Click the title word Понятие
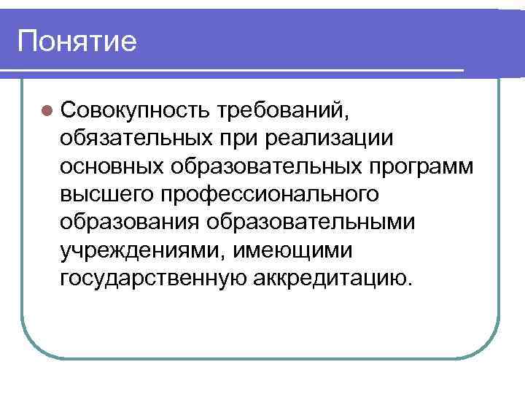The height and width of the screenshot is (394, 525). pos(77,41)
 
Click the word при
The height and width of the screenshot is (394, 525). pos(238,137)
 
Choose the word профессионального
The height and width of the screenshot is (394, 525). pos(269,193)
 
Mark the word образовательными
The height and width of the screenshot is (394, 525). pos(314,221)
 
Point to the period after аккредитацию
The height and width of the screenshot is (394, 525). pos(408,283)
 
